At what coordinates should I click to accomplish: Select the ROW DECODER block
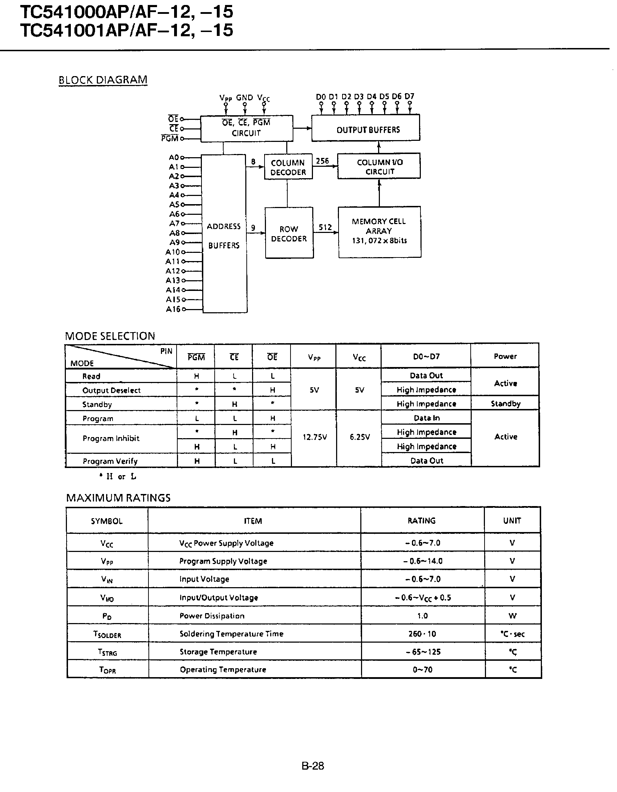tap(289, 233)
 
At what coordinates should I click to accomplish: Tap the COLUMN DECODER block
tap(288, 167)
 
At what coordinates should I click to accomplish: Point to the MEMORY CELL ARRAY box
tap(380, 232)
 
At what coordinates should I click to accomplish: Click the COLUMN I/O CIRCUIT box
tap(379, 166)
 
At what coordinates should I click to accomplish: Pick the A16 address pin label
tap(173, 309)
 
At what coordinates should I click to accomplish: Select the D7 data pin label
tap(409, 96)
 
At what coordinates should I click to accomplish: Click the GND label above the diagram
tap(244, 97)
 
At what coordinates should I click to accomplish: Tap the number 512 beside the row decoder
tap(325, 227)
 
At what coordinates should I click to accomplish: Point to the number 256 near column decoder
tap(322, 161)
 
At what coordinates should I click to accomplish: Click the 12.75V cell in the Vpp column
tap(314, 437)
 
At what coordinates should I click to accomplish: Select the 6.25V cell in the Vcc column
tap(359, 437)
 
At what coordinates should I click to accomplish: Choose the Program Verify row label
tap(110, 461)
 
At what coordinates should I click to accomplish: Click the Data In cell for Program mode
tap(427, 418)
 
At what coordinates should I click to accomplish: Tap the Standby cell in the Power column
tap(505, 404)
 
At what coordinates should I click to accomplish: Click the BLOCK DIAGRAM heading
tap(103, 80)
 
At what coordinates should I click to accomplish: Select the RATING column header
tap(422, 521)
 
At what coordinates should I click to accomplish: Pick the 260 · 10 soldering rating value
tap(422, 633)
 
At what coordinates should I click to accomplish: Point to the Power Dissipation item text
tap(212, 616)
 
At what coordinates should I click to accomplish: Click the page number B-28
tap(313, 766)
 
